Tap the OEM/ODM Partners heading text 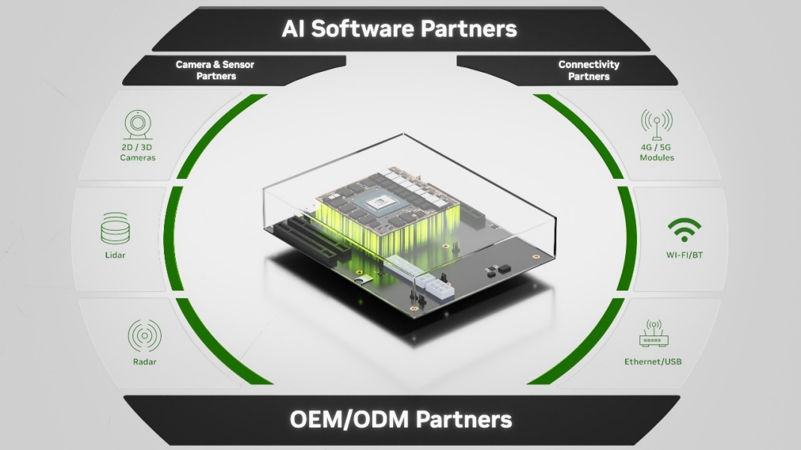[400, 420]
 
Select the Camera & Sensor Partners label [215, 70]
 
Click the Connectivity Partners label [588, 70]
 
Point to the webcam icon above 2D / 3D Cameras [138, 124]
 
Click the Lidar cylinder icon [115, 228]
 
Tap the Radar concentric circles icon [144, 335]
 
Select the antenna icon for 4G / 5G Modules [657, 124]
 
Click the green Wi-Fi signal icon [684, 230]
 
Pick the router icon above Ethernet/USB [654, 333]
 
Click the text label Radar [144, 362]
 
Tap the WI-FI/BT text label [684, 255]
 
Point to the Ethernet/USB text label [653, 362]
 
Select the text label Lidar [115, 255]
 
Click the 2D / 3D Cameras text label [138, 152]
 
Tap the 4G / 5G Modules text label [657, 152]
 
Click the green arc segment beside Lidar [173, 239]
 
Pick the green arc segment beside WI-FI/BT [627, 239]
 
